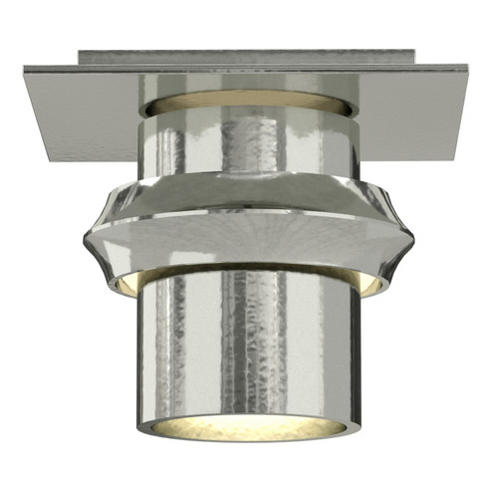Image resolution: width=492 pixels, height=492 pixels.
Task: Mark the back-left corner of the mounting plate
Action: tap(24, 68)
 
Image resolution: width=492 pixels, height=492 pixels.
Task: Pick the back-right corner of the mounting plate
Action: tap(467, 68)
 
